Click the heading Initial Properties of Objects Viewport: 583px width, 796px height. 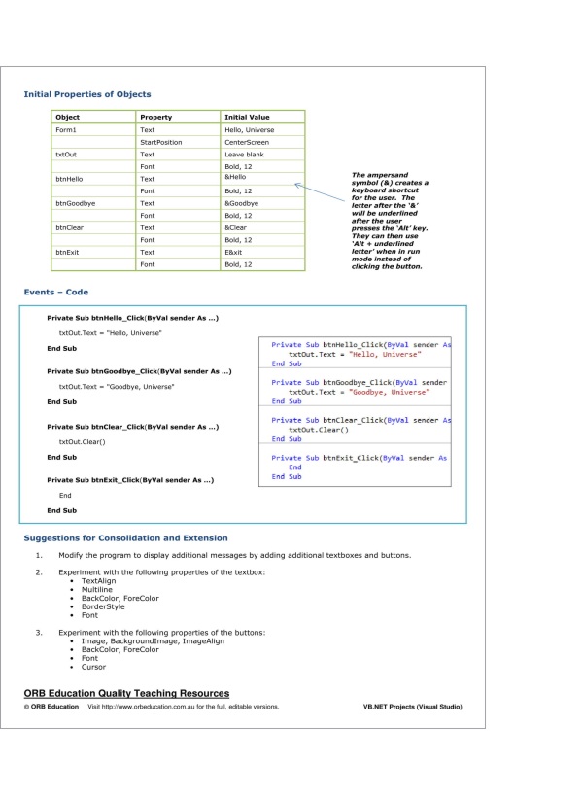87,94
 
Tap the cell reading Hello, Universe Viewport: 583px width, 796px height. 249,129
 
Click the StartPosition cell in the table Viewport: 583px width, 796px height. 161,142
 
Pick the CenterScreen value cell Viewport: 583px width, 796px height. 246,142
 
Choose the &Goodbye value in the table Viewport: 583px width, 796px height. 241,203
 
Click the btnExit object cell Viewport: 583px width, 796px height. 68,252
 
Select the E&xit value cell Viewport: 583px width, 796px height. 234,252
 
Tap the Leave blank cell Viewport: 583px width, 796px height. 244,155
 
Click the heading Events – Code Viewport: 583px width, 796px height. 56,292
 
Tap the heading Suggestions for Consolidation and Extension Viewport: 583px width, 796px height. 125,537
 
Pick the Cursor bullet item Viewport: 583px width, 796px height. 94,667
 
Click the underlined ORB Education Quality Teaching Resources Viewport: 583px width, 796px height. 126,693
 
